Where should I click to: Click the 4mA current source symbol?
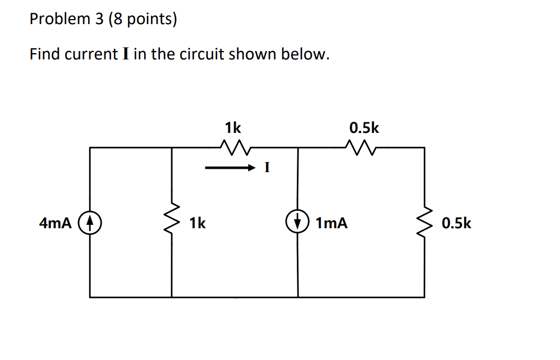90,223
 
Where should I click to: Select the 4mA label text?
55,224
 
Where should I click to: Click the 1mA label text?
331,224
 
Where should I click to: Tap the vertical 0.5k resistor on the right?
424,223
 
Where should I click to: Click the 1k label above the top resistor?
233,128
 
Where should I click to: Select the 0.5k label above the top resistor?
364,128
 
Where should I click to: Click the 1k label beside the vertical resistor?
197,224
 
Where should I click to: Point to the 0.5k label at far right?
456,224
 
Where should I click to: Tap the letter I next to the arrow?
267,167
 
